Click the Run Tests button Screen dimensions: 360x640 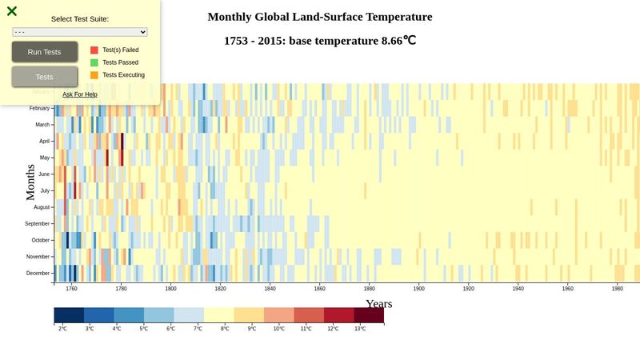(44, 52)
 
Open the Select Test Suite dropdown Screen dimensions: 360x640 (80, 32)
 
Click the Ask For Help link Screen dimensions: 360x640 (80, 94)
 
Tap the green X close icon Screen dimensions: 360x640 (12, 11)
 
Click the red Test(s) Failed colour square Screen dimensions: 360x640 (94, 50)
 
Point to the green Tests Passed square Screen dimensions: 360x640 (94, 62)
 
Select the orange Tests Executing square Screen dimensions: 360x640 (94, 75)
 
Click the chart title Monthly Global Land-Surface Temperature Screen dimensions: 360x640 (320, 17)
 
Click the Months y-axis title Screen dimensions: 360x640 (30, 182)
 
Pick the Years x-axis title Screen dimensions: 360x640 (379, 304)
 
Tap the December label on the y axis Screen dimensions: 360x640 (38, 274)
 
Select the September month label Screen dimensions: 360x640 (37, 224)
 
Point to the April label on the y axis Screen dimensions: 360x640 (45, 141)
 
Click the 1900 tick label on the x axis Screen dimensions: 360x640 (419, 289)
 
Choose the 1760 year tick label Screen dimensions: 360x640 (72, 289)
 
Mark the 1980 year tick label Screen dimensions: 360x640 (618, 289)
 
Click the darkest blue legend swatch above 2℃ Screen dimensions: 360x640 (69, 315)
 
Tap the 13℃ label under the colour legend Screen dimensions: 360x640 (360, 329)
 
